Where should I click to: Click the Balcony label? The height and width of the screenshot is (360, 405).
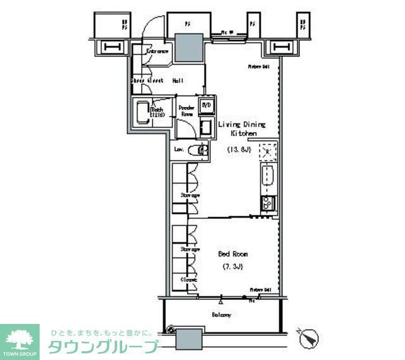click(x=221, y=314)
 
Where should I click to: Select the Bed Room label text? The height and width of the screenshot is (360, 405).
click(x=233, y=254)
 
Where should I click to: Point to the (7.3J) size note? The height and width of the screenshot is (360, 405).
click(x=234, y=266)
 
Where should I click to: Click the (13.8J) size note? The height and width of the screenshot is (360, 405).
click(x=238, y=149)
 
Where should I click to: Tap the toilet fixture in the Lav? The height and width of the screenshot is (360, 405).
click(x=201, y=151)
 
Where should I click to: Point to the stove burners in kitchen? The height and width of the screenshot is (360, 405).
click(x=267, y=203)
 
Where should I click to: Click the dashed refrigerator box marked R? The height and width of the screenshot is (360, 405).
click(x=268, y=150)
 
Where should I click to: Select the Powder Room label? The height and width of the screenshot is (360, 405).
click(x=186, y=111)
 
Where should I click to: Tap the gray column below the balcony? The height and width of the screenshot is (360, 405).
click(x=189, y=340)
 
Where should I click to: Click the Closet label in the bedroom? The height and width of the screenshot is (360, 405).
click(x=189, y=279)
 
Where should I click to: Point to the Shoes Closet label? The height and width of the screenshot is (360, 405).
click(x=147, y=81)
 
